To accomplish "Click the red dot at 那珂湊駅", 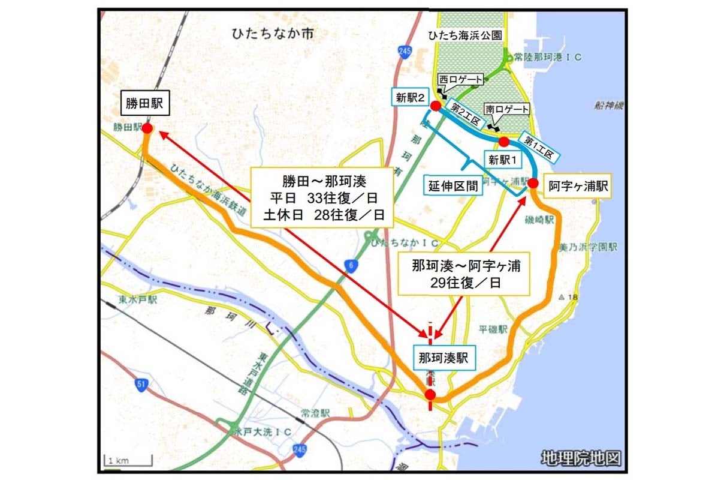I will point(430,394).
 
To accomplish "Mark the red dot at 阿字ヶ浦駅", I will point(532,182).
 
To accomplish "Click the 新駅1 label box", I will point(503,160).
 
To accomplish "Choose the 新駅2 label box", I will point(410,97).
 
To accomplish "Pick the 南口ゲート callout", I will point(507,110).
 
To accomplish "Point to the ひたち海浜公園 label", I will point(465,36).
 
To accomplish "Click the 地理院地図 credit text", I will point(579,459).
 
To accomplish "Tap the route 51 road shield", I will point(140,385).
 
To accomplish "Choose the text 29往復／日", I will point(464,282).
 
